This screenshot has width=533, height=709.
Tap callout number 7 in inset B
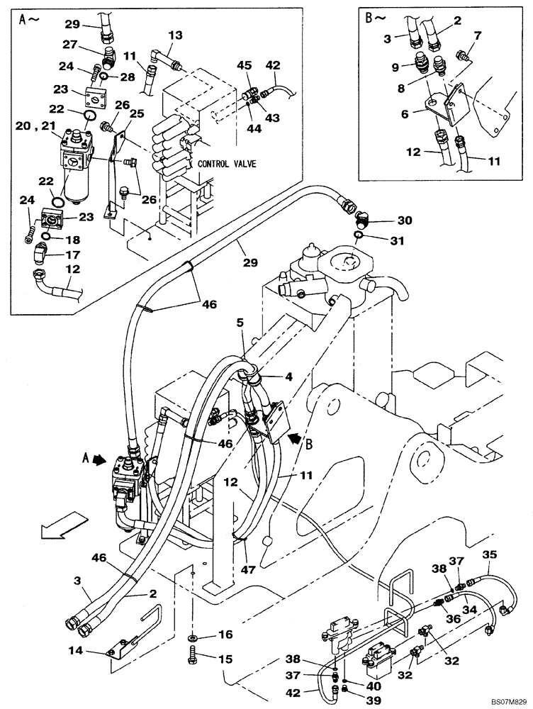click(476, 35)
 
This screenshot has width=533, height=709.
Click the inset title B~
click(374, 19)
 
